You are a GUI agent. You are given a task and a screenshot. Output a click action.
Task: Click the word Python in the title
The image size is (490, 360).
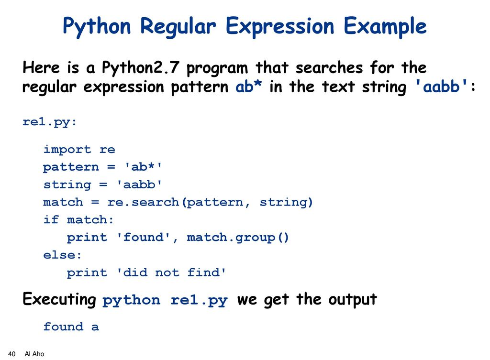(97, 27)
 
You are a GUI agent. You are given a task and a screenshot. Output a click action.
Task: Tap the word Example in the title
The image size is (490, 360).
(385, 27)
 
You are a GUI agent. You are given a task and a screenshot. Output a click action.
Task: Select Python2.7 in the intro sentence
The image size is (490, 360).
(141, 68)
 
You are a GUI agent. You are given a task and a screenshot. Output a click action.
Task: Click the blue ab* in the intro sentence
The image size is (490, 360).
(248, 87)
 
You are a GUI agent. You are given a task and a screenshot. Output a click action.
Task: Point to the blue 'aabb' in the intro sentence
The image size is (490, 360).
(441, 87)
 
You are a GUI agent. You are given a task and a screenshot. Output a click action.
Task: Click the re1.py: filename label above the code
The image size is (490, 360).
(49, 122)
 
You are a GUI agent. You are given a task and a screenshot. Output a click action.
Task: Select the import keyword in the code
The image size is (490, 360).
(67, 149)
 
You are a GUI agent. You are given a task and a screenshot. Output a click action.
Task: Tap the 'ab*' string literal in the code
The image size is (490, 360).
(143, 166)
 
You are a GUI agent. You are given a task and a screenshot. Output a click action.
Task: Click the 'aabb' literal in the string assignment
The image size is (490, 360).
(139, 184)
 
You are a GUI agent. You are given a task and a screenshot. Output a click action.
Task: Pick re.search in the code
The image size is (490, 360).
(143, 202)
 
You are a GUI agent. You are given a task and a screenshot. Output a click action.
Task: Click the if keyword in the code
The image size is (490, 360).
(51, 219)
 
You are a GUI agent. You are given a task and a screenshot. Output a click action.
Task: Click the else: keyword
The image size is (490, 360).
(63, 255)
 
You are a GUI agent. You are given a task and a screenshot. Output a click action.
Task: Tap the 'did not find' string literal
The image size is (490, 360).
(171, 273)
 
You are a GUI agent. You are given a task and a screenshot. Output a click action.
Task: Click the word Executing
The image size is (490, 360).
(59, 299)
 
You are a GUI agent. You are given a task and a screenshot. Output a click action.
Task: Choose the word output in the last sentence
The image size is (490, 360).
(353, 299)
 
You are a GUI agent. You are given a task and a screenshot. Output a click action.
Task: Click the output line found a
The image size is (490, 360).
(71, 327)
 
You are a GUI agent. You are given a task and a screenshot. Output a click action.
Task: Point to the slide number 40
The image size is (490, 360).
(11, 354)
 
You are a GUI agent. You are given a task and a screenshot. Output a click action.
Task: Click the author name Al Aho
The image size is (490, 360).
(34, 354)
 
